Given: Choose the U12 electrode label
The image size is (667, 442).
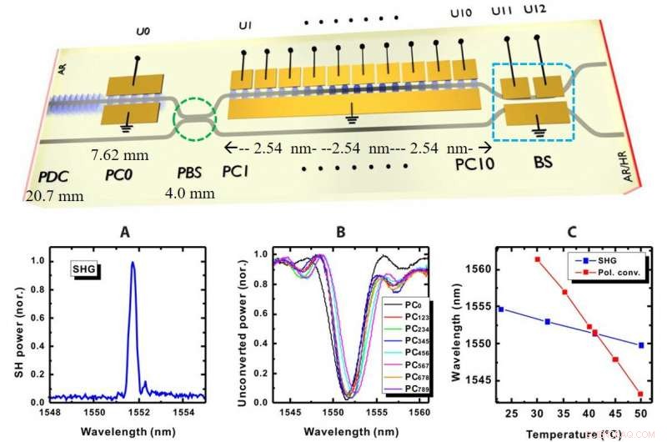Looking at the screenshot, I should point(537,10).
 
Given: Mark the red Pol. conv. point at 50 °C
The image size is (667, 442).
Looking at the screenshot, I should point(639,394).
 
